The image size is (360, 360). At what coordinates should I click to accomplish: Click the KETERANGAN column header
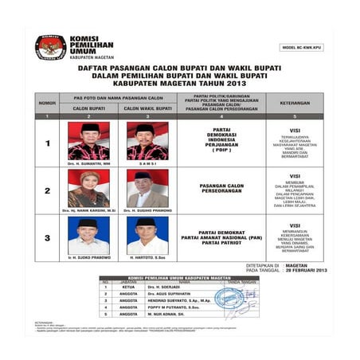295,103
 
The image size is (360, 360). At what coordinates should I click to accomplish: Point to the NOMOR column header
47,103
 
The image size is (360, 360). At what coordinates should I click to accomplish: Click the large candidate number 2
47,192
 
